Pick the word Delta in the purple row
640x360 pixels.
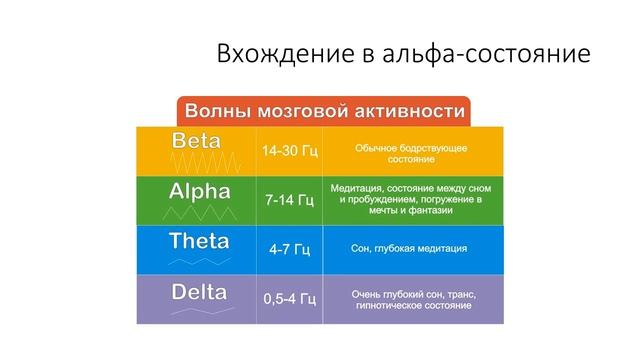point(198,292)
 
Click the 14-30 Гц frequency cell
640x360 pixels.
point(289,151)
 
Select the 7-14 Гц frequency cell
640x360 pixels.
point(289,200)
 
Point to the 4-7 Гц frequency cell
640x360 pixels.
point(289,249)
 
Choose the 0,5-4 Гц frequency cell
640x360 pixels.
point(289,298)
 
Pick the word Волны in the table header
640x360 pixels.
point(211,109)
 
